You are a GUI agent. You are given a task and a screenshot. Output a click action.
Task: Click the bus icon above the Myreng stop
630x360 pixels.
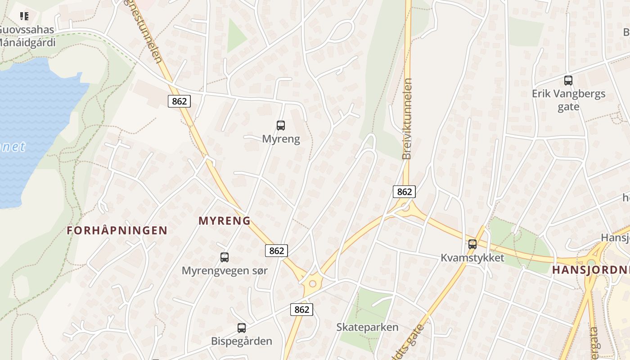(x=281, y=126)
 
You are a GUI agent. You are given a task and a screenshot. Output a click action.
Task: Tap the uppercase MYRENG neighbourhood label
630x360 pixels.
(x=225, y=221)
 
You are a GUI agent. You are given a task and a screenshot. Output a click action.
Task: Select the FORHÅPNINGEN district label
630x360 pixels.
(x=117, y=231)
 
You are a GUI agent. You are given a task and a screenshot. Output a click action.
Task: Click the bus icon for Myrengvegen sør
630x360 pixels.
(x=225, y=257)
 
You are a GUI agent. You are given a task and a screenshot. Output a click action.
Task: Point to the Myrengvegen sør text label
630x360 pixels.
(x=225, y=270)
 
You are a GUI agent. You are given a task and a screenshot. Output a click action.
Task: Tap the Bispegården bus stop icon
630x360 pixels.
(x=242, y=328)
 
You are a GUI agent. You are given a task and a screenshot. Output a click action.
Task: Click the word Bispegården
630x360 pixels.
(x=242, y=341)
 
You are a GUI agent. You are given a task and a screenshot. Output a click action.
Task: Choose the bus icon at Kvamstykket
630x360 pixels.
(x=472, y=244)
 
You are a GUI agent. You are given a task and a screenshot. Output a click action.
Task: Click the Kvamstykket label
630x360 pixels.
(x=472, y=258)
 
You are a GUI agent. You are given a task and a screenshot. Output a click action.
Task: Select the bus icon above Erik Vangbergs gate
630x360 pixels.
(x=568, y=81)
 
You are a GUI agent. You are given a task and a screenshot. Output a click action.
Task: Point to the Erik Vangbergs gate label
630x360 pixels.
(x=568, y=100)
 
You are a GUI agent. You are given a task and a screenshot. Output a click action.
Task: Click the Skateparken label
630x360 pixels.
(x=367, y=327)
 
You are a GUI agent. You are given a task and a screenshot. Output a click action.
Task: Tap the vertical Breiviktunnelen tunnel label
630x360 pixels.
(x=407, y=119)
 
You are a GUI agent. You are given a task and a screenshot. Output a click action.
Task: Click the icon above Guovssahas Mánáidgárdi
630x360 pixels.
(x=24, y=17)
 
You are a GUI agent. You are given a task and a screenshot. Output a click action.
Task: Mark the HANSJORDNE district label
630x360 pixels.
(x=590, y=270)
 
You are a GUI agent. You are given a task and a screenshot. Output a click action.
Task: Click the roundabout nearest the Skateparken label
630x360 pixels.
(x=312, y=284)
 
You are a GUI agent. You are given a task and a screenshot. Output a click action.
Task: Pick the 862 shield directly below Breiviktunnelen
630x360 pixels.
(x=404, y=192)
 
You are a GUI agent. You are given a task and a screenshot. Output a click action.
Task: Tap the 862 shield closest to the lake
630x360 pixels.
(x=179, y=101)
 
